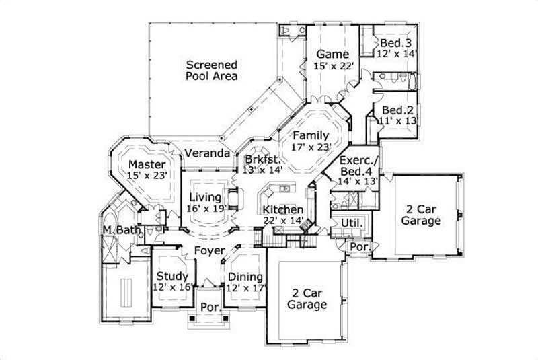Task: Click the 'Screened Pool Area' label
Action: (212, 71)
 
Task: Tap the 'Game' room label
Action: (333, 54)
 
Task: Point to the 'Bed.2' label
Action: (397, 110)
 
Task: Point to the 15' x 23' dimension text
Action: (147, 176)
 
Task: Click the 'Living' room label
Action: (204, 197)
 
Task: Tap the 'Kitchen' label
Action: (283, 209)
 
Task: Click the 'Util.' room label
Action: (352, 223)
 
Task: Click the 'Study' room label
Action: (171, 276)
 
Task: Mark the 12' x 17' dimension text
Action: (246, 287)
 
